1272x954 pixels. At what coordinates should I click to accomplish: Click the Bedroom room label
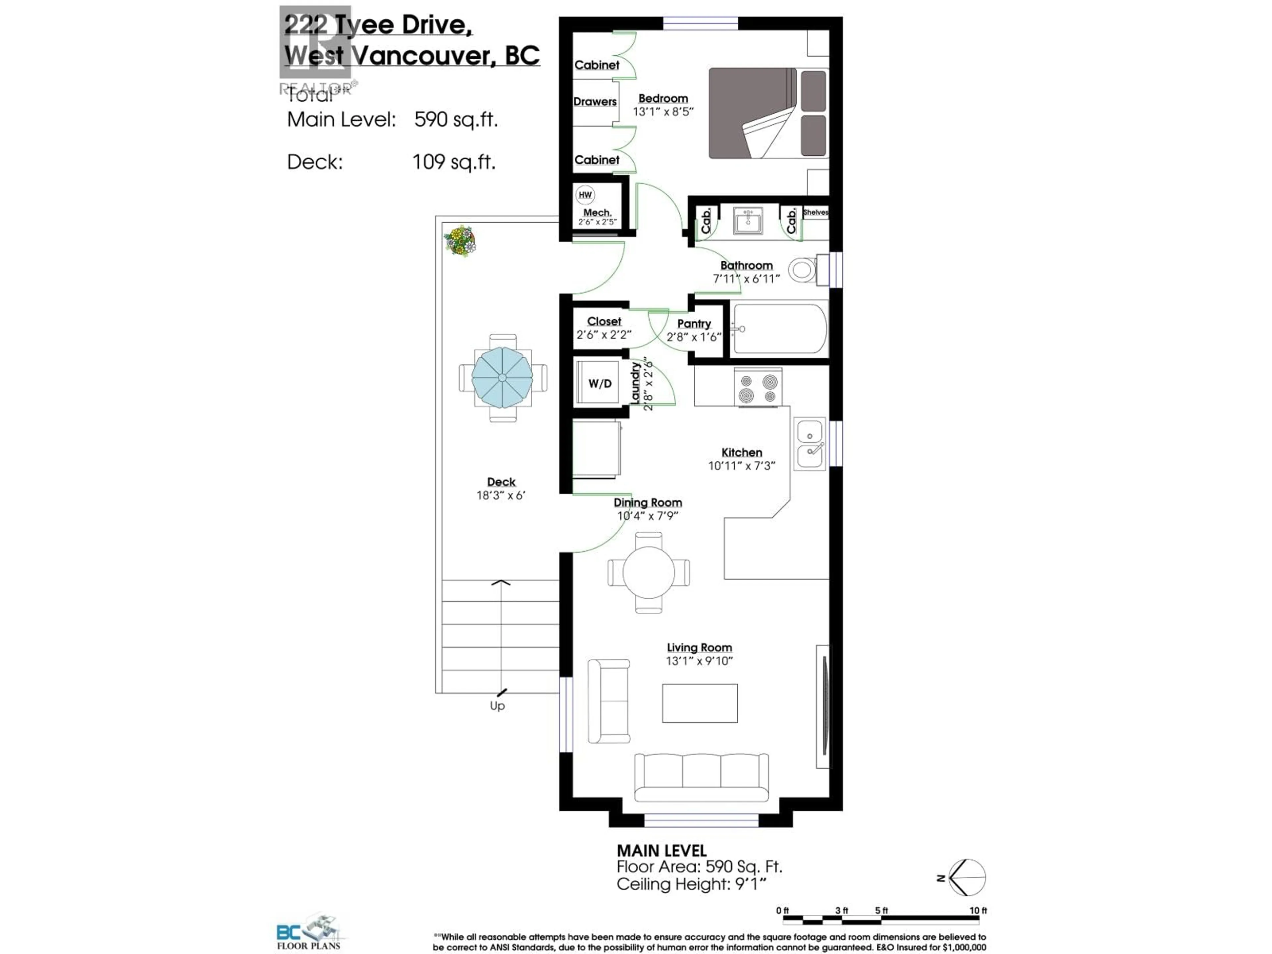(x=663, y=98)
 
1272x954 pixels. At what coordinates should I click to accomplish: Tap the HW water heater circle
(x=585, y=195)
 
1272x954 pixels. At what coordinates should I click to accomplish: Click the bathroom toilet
(x=802, y=269)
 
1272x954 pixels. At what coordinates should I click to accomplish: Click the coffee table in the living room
(x=699, y=703)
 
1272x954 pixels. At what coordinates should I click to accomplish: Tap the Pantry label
(x=694, y=324)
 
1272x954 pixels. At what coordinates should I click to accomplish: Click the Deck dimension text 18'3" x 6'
(x=501, y=495)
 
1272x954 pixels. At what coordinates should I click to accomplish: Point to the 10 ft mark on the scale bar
(x=978, y=910)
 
